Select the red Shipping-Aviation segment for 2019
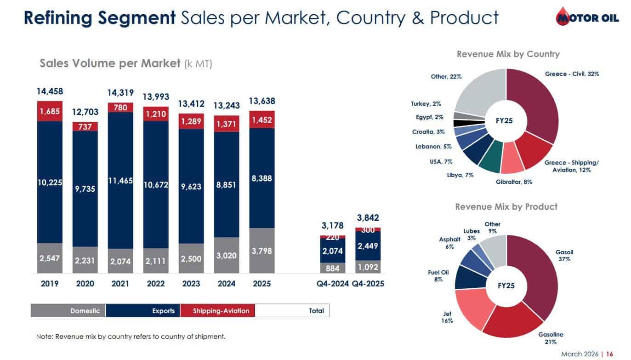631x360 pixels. point(50,111)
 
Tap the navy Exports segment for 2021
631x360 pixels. point(120,180)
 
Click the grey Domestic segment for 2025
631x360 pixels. point(262,251)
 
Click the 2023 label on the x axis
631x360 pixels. point(191,284)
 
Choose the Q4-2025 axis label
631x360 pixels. point(368,284)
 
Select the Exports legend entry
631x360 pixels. point(143,311)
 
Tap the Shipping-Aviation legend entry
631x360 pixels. point(218,311)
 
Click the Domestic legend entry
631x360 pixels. point(68,311)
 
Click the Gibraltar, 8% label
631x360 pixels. point(514,182)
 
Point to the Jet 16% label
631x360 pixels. point(447,317)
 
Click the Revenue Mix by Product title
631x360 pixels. point(506,207)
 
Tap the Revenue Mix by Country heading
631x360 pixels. point(508,54)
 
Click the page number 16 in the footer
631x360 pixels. point(609,354)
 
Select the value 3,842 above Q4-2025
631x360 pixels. point(368,218)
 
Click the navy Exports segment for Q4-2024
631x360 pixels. point(333,251)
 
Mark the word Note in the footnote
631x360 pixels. point(44,337)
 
